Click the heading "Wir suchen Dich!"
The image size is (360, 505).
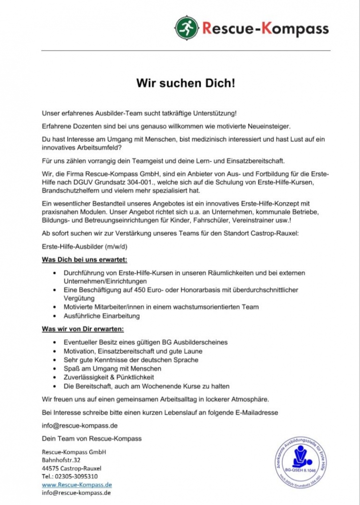186,83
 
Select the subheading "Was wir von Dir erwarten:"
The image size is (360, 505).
83,328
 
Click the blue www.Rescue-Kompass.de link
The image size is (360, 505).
77,484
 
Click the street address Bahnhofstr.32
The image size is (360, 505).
61,460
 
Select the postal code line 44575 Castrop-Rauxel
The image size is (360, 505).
72,468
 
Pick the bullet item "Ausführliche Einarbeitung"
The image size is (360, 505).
102,316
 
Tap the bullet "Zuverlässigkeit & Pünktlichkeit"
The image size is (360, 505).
109,377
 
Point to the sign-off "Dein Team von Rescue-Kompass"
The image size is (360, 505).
92,438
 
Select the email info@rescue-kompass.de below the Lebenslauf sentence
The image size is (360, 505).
80,426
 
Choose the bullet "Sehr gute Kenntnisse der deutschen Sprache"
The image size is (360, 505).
131,360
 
